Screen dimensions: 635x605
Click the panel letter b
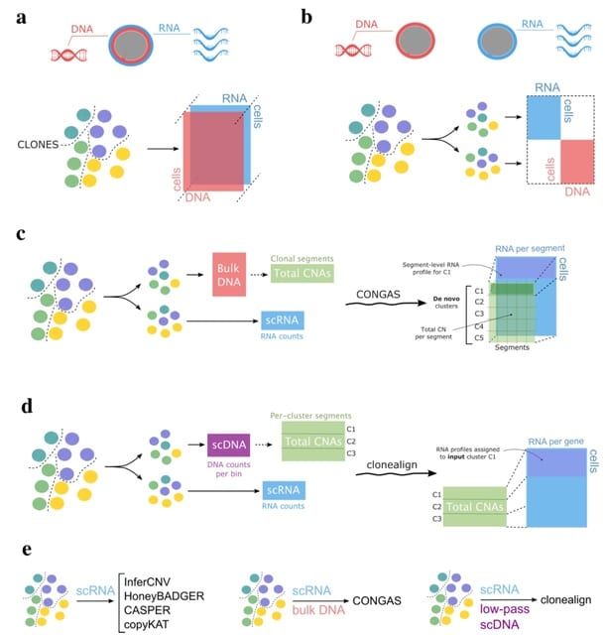307,19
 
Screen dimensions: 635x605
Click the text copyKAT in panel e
148,625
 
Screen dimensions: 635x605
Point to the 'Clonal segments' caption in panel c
307,258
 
